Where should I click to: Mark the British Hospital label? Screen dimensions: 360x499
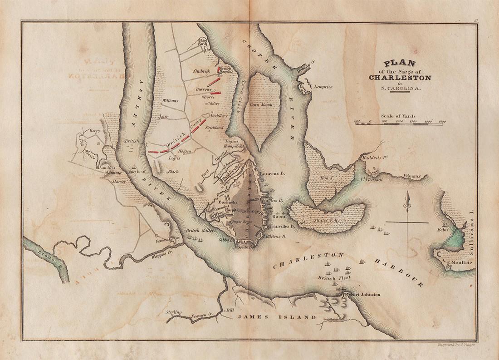click(225, 71)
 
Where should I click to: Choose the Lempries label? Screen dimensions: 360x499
click(323, 87)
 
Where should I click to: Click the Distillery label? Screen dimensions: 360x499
click(218, 116)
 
